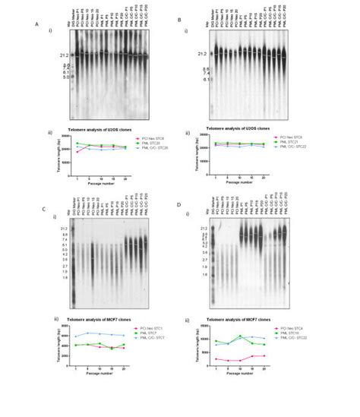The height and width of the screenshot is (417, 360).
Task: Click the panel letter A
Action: coord(36,23)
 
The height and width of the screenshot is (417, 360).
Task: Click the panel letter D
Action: coord(178,204)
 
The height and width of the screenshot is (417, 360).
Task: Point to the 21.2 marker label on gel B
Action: coord(201,54)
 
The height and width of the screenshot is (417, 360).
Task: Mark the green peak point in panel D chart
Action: coord(241,336)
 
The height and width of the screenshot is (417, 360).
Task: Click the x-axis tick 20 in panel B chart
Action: coord(264,156)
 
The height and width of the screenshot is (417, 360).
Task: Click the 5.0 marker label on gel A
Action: coord(45,77)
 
